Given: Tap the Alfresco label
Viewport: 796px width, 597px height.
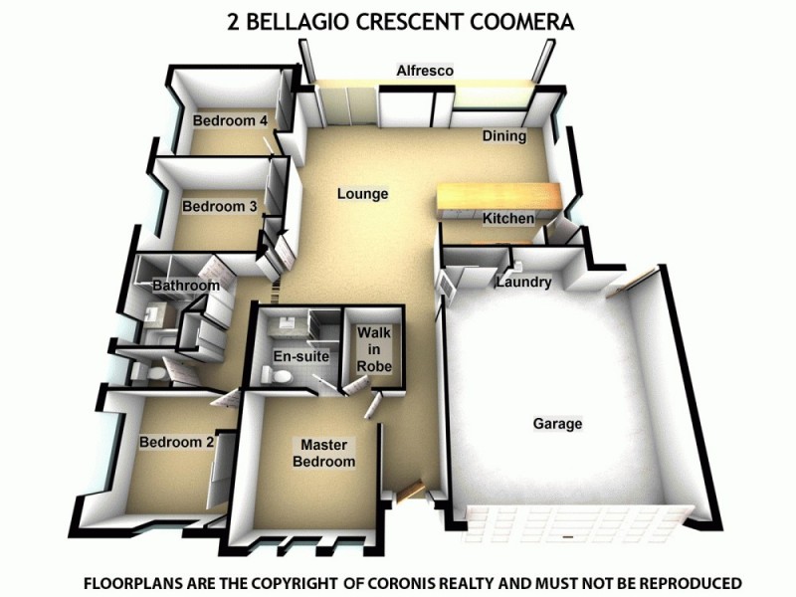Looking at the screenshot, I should coord(425,71).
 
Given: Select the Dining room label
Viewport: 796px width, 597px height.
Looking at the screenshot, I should coord(503,136).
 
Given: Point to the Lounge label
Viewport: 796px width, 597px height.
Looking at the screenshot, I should coord(362,194).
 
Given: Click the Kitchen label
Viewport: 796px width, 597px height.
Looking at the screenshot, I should coord(508,218).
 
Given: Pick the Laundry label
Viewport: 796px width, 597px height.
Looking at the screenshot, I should coord(523,283).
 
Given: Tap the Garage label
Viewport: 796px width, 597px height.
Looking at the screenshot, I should coord(557,424).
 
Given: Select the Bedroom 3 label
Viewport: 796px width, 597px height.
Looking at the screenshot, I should coord(219,207).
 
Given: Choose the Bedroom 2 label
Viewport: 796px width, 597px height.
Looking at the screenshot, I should coord(176,442).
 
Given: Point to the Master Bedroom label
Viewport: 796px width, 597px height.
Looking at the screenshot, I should coord(324,454).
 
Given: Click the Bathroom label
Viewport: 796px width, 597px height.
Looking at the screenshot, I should coord(185,287).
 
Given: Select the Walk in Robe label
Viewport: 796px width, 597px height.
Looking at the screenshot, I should coord(375,349).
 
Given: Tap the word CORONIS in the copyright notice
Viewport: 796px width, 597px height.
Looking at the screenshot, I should coord(460,582).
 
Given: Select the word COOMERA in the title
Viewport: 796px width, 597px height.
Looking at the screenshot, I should coord(522,21).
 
